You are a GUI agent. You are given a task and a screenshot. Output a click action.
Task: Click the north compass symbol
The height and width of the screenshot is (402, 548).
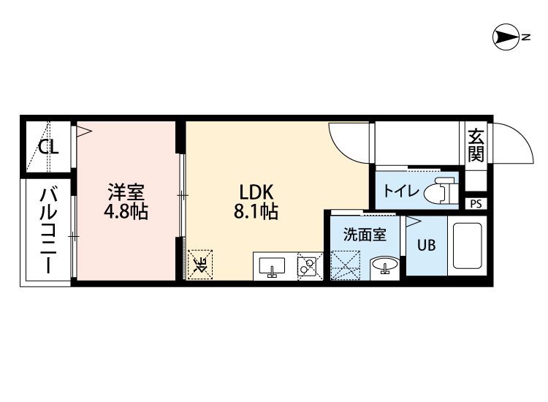coord(506,37)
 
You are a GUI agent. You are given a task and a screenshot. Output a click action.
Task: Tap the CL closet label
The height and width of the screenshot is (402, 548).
coord(48,147)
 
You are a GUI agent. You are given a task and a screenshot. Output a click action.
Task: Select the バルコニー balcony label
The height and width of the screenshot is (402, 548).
coord(48,231)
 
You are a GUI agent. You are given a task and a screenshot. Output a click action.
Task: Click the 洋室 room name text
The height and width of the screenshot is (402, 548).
coord(126,192)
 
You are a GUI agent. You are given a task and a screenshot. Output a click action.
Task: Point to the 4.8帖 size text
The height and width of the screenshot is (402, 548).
coord(126,212)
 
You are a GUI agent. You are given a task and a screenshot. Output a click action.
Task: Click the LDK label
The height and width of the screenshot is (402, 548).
coord(256,192)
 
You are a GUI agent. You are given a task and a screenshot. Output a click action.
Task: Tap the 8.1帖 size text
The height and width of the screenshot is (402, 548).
coord(256,212)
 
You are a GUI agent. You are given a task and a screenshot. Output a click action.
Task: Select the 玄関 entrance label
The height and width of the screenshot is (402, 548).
coord(476,145)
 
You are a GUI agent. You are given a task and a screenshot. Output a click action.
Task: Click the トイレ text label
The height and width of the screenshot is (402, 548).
coord(401,191)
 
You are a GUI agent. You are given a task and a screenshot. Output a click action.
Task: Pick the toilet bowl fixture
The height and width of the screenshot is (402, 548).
coord(440,191)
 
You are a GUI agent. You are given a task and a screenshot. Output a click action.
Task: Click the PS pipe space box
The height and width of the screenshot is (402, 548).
coord(476,204)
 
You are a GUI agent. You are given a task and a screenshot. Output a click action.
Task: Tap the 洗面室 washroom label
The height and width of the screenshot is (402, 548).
coord(365,235)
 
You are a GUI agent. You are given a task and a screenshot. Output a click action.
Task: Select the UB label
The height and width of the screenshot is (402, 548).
coord(427,246)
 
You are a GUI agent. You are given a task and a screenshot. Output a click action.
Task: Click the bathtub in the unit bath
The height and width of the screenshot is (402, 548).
coord(468,246)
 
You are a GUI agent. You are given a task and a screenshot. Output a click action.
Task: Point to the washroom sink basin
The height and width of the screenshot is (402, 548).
coord(385,265)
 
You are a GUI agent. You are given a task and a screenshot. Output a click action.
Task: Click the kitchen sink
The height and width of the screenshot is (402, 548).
coord(272,266)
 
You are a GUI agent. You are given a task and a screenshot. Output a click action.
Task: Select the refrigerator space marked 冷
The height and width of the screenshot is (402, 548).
coord(200,265)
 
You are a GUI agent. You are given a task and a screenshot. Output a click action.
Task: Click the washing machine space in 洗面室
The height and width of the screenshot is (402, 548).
coord(345,265)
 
